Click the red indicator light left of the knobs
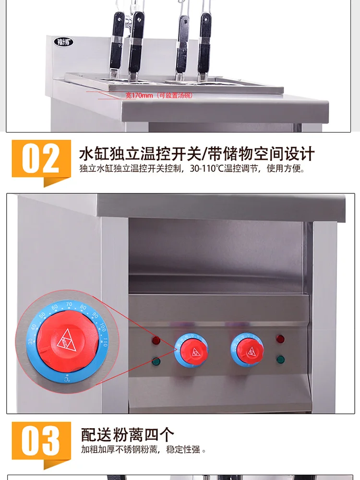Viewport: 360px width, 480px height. click(x=156, y=341)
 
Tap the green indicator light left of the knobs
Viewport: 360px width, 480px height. click(x=156, y=361)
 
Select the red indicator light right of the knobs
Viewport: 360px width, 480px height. click(x=280, y=339)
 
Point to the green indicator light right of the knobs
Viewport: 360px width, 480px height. click(x=280, y=359)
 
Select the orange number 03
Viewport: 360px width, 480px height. click(x=41, y=440)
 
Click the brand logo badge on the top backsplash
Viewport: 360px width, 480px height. click(x=63, y=42)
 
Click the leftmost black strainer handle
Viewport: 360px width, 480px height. click(x=117, y=41)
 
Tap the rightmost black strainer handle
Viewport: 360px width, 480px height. click(x=205, y=41)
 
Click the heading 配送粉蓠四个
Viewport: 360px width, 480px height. click(x=127, y=435)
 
